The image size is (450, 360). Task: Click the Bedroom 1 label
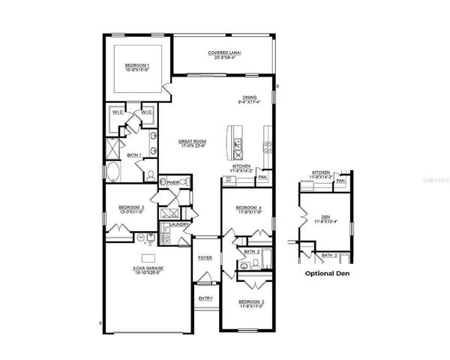click(137, 65)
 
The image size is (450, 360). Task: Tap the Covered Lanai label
click(224, 52)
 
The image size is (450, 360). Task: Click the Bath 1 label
click(134, 155)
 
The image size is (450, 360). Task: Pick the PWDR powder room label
click(173, 181)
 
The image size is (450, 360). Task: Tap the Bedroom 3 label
click(131, 206)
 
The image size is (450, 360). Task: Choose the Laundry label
click(178, 224)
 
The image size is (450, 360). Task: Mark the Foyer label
click(205, 257)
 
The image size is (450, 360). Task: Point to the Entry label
click(205, 298)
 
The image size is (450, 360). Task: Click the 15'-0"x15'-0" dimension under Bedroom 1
click(137, 70)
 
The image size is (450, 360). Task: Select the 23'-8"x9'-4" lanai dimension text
click(224, 58)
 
